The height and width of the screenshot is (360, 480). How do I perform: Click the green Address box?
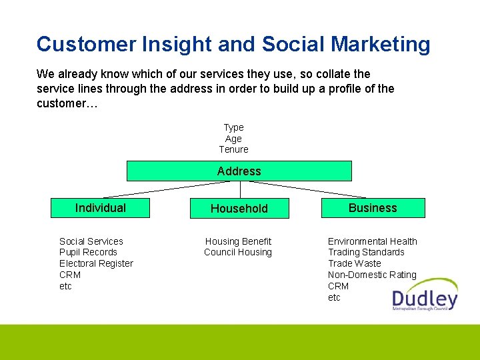[239, 171]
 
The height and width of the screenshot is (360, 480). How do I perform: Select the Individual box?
[101, 208]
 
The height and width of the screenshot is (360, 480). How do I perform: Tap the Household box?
[239, 209]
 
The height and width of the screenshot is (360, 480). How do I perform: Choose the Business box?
[373, 208]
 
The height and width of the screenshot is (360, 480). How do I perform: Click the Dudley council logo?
[425, 295]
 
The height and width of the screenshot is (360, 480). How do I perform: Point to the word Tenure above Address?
[233, 149]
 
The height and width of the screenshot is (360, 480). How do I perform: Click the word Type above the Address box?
[233, 127]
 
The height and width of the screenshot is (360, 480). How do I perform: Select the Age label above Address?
[233, 139]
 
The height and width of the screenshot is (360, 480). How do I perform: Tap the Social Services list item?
[91, 241]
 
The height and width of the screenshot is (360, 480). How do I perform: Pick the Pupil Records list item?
[88, 252]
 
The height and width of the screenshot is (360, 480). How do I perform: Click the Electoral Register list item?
[96, 263]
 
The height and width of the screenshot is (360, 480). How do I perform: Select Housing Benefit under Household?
[238, 241]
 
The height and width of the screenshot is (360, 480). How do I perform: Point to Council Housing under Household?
[238, 252]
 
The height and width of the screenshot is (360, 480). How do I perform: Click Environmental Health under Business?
[373, 241]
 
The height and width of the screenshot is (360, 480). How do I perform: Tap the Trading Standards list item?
[366, 252]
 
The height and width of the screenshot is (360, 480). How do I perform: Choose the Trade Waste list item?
[355, 263]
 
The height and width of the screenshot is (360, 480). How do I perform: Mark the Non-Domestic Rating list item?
[372, 275]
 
